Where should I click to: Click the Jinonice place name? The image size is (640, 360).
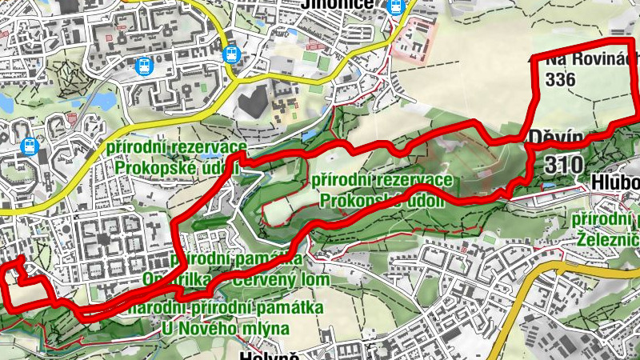[337, 5]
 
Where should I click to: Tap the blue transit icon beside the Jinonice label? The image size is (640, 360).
[394, 6]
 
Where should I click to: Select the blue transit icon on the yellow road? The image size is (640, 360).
[231, 53]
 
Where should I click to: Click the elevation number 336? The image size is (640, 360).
[558, 79]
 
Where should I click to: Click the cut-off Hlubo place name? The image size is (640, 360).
[615, 182]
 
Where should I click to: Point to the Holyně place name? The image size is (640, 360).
[268, 354]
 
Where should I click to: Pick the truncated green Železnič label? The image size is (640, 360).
[607, 238]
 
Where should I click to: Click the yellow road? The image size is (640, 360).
[120, 132]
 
